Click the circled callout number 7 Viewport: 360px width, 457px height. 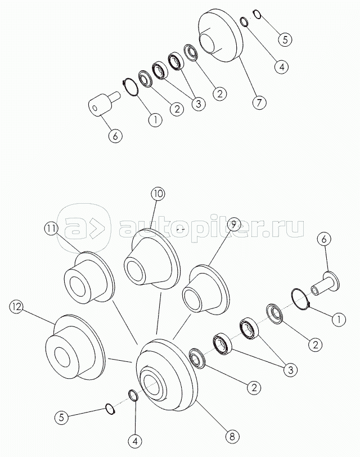pos(259,102)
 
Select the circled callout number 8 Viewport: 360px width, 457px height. pos(232,436)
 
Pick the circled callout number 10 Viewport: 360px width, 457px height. pos(157,194)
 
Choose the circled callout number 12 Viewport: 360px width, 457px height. pos(16,307)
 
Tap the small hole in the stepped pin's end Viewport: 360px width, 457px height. pos(94,108)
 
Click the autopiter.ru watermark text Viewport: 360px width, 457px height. pos(211,228)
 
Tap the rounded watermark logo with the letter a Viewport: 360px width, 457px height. pos(84,227)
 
